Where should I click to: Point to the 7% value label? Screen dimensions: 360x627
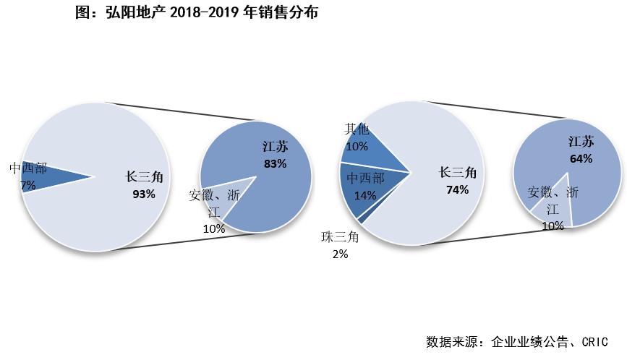pos(27,185)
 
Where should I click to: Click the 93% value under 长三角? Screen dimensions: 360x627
pos(144,194)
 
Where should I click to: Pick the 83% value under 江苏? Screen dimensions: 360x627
pos(275,163)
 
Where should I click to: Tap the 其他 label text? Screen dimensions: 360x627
pos(356,129)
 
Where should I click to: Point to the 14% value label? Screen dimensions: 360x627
pos(365,195)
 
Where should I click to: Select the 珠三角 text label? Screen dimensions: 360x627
pos(340,237)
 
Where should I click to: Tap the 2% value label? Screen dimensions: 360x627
pos(340,254)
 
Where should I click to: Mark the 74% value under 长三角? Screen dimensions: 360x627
pos(458,189)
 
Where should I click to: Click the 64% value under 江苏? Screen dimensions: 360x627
pos(581,158)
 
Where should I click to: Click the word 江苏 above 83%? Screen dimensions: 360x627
pos(275,147)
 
